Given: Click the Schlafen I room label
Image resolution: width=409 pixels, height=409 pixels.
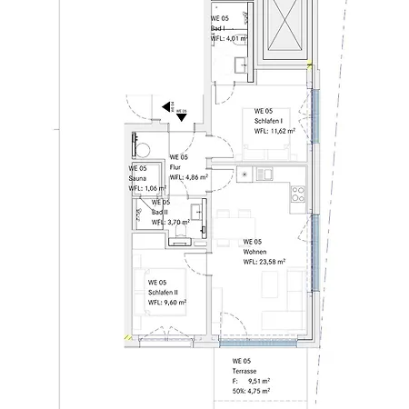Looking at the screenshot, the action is click(x=268, y=121).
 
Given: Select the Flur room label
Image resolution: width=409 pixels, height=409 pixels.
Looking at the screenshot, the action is click(x=175, y=167).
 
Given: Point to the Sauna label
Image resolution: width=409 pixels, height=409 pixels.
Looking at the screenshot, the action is click(x=137, y=178).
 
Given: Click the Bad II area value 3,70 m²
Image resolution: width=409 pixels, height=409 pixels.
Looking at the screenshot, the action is click(x=179, y=222).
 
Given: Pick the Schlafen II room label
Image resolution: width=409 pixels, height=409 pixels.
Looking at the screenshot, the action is click(x=163, y=293).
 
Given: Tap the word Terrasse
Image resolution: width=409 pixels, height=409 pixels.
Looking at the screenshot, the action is click(x=244, y=371).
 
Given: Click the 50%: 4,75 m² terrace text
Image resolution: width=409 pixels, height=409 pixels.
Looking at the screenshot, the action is click(x=251, y=391).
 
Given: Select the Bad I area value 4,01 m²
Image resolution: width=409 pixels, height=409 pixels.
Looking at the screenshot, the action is click(x=237, y=38).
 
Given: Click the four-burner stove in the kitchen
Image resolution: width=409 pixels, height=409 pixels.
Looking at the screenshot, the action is click(x=297, y=195).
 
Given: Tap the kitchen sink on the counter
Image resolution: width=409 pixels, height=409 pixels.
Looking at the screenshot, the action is click(x=264, y=174).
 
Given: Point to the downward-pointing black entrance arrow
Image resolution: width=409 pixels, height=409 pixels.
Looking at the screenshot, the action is click(x=182, y=117).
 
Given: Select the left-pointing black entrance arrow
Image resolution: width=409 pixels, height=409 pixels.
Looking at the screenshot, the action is click(x=165, y=107).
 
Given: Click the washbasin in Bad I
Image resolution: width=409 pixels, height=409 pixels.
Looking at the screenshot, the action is click(x=242, y=65).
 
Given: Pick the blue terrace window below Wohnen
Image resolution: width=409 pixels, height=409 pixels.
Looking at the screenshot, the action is click(x=257, y=343).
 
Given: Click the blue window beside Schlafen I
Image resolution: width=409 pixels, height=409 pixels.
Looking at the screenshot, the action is click(x=315, y=116).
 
